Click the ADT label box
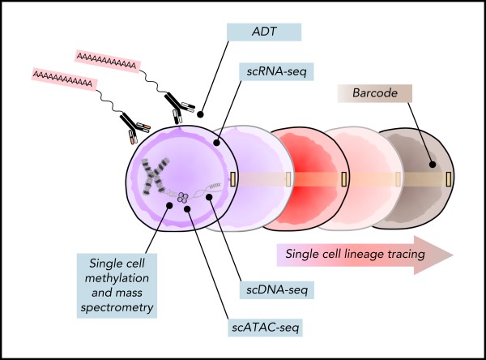point(263,32)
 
